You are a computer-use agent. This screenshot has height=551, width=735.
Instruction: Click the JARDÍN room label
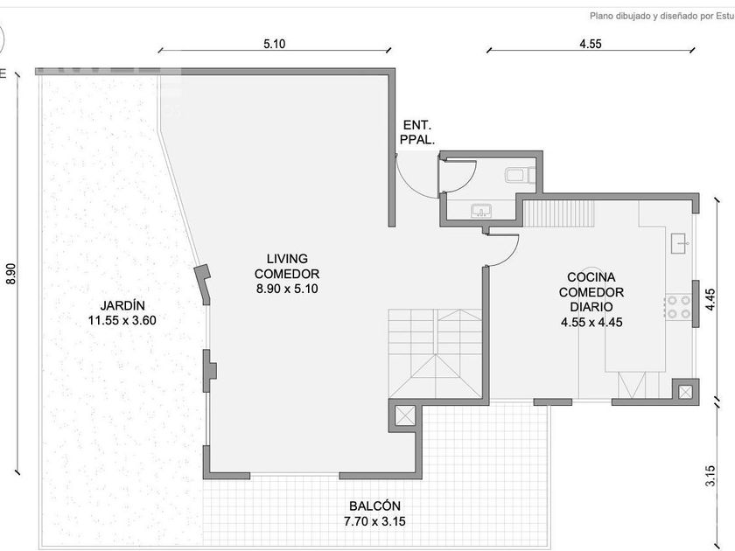pos(122,305)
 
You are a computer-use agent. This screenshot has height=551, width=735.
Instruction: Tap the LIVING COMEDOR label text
pos(287,266)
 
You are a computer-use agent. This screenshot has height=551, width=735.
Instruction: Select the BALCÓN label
pos(374,506)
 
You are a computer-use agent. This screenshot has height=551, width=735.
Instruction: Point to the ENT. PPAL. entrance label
pos(417,132)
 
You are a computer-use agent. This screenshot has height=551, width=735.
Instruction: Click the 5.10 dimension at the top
pos(274,44)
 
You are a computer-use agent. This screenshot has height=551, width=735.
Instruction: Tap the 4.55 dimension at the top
pos(590,44)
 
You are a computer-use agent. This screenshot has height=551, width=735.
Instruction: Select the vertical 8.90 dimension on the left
pos(11,274)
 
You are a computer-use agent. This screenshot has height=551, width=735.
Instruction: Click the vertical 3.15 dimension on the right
pos(710,476)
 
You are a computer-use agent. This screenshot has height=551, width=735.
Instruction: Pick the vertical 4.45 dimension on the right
pos(710,299)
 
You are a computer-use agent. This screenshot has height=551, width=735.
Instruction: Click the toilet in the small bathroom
pos(521,175)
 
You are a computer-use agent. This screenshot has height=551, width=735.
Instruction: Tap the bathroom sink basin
pos(481,211)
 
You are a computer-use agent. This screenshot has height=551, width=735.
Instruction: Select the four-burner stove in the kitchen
pos(678,307)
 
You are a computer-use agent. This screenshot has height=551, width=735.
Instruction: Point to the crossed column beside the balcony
pos(405,415)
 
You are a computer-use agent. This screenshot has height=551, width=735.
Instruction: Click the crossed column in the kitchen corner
pos(685,392)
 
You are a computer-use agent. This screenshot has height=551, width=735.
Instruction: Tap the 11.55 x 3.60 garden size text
pos(122,320)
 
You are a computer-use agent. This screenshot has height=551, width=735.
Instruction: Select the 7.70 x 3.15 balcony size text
pos(374,521)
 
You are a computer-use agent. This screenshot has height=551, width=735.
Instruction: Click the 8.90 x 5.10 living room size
pos(287,289)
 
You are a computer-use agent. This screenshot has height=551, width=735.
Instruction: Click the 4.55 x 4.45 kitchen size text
pos(591,322)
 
